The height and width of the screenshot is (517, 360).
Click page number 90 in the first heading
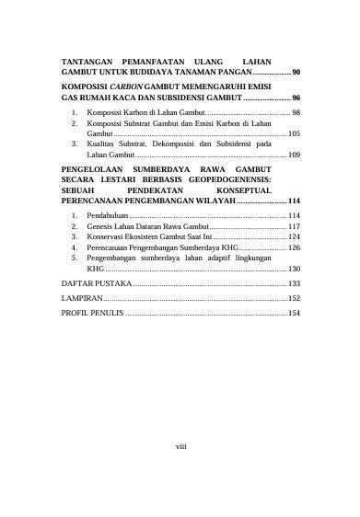pyautogui.click(x=296, y=71)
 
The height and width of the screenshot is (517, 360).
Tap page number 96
pyautogui.click(x=296, y=97)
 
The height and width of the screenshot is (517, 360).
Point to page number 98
pyautogui.click(x=295, y=111)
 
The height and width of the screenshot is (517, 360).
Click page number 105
pyautogui.click(x=294, y=133)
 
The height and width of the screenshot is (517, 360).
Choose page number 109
pyautogui.click(x=294, y=155)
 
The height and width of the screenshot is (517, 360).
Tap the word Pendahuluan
pyautogui.click(x=107, y=214)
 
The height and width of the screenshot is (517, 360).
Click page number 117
pyautogui.click(x=294, y=225)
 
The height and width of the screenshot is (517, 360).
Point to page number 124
pyautogui.click(x=294, y=236)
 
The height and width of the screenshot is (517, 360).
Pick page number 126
pyautogui.click(x=294, y=247)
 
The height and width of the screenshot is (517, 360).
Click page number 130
pyautogui.click(x=294, y=270)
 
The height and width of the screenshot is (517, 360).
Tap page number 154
pyautogui.click(x=294, y=313)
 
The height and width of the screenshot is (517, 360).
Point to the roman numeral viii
pyautogui.click(x=180, y=448)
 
